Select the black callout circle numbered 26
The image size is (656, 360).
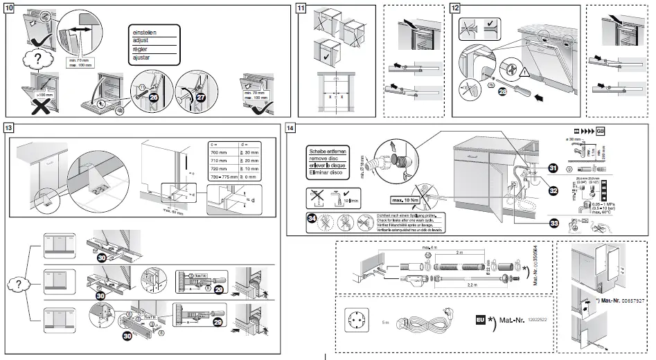click(x=153, y=98)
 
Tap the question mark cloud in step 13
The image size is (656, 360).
click(x=19, y=285)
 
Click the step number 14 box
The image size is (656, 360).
click(x=290, y=127)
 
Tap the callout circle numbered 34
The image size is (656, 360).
click(x=313, y=221)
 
